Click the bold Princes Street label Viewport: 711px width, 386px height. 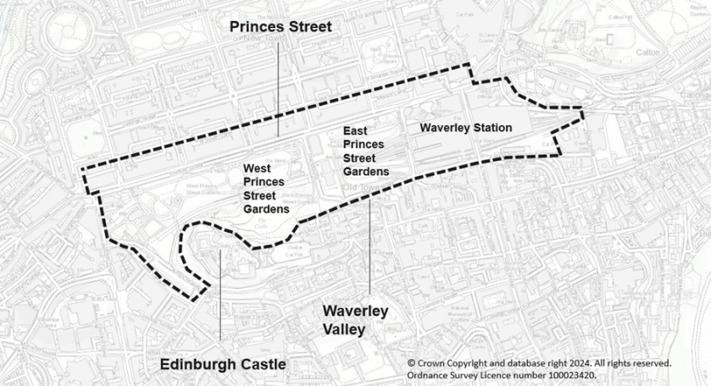(281, 27)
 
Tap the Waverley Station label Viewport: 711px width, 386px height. (466, 128)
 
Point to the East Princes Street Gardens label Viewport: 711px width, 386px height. (365, 152)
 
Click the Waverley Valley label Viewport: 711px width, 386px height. (354, 320)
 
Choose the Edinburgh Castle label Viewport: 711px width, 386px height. (223, 364)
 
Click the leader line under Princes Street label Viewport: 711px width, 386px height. (278, 85)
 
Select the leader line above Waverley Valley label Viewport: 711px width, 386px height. (369, 245)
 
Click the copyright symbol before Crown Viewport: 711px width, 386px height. (412, 361)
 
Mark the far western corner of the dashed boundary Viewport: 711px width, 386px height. (83, 169)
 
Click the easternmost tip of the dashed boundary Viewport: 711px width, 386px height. (583, 109)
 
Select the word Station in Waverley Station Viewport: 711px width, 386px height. (492, 128)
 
